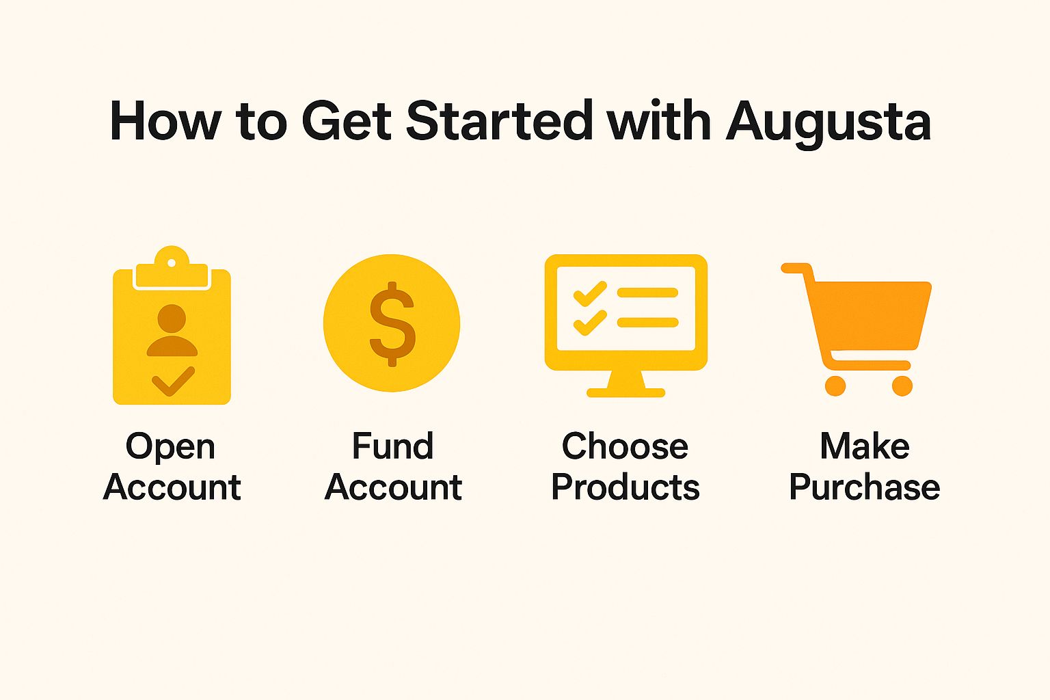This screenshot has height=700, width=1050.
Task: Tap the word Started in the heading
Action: [500, 122]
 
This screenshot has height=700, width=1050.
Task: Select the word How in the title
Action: [165, 122]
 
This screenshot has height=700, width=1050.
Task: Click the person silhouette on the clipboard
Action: [172, 331]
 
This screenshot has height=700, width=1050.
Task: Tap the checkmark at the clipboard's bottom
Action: [173, 381]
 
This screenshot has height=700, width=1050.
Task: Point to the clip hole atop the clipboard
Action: [172, 262]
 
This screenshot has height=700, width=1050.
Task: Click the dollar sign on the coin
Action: [392, 323]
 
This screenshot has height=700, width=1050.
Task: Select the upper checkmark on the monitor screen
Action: [589, 293]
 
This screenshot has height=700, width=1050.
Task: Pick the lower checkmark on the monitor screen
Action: [589, 322]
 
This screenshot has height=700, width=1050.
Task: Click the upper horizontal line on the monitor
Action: [647, 293]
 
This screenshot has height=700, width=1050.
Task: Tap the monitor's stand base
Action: [625, 392]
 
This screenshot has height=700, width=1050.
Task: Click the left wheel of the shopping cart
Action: [835, 386]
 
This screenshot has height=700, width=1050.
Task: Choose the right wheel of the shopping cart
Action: [902, 386]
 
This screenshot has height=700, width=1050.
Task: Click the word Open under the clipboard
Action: [170, 447]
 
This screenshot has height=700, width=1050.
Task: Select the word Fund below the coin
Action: [392, 446]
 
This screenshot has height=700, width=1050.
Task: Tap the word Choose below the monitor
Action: [625, 446]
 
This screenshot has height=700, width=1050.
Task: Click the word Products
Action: [625, 487]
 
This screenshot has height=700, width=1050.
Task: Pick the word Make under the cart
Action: [864, 446]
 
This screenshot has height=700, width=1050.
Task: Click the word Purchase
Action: [864, 487]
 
